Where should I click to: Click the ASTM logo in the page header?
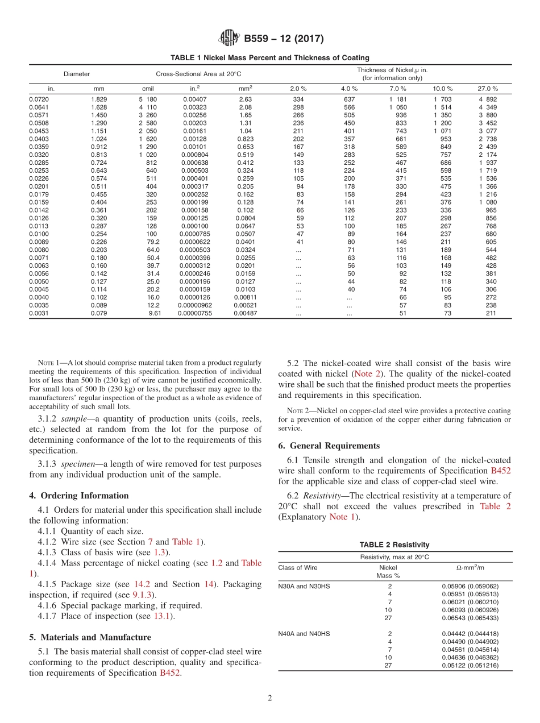pyautogui.click(x=229, y=39)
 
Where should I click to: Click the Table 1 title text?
pyautogui.click(x=270, y=57)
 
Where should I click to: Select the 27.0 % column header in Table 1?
pyautogui.click(x=488, y=89)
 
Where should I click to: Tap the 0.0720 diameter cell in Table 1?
pyautogui.click(x=39, y=99)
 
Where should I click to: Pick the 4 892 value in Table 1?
pyautogui.click(x=488, y=99)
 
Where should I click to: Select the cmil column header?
pyautogui.click(x=148, y=89)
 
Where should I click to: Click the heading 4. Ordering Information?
pyautogui.click(x=78, y=496)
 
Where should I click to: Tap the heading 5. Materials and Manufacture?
pyautogui.click(x=90, y=637)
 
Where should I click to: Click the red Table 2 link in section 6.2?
pyautogui.click(x=495, y=506)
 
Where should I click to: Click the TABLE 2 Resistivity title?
pyautogui.click(x=394, y=545)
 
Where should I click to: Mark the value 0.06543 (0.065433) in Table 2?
pyautogui.click(x=470, y=617)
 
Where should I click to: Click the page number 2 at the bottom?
pyautogui.click(x=270, y=698)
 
